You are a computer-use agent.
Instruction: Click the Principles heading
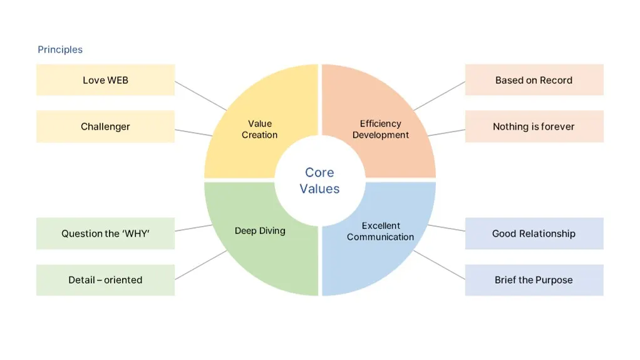(x=60, y=49)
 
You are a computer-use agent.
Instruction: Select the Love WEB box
(x=105, y=80)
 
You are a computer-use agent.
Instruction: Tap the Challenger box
(x=105, y=126)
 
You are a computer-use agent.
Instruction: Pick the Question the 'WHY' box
(x=105, y=234)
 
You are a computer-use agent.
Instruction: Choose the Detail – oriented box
(x=105, y=280)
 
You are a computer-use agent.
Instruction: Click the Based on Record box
(x=534, y=80)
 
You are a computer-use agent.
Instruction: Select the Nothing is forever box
(x=534, y=126)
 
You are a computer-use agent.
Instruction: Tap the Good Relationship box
(x=534, y=234)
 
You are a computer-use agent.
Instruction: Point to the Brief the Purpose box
(x=534, y=280)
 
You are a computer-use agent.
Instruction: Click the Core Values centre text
(x=319, y=180)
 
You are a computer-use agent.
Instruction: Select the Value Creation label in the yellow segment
(x=259, y=129)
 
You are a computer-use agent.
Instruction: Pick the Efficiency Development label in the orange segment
(x=380, y=129)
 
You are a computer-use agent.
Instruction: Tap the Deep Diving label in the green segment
(x=260, y=230)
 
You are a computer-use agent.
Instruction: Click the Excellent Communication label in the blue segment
(x=380, y=232)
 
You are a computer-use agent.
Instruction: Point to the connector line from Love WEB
(x=200, y=95)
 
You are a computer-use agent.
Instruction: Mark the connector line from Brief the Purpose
(x=440, y=265)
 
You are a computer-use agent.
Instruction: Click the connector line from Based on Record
(x=440, y=95)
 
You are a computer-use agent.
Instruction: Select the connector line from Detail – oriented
(x=200, y=265)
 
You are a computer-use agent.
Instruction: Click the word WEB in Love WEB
(x=118, y=80)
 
